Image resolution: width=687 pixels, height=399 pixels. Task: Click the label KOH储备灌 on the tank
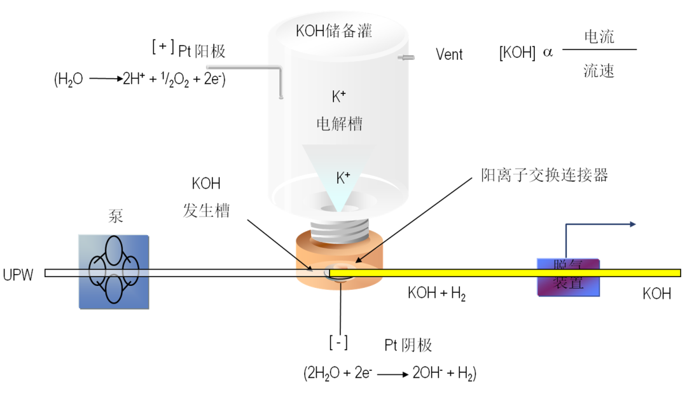[x=333, y=30]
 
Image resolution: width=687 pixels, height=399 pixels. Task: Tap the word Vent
[x=449, y=55]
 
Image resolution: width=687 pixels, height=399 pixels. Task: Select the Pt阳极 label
[x=202, y=51]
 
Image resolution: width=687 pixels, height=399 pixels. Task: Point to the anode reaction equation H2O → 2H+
[x=141, y=80]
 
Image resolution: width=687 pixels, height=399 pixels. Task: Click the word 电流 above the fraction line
[x=599, y=36]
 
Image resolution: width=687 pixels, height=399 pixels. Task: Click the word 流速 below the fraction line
[x=599, y=71]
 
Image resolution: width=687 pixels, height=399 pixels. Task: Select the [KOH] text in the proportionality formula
[x=517, y=53]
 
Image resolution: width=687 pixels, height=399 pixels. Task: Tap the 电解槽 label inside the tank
[x=339, y=124]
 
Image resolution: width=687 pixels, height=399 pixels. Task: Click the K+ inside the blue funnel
[x=343, y=178]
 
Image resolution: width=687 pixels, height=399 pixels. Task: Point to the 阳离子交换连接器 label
[x=545, y=175]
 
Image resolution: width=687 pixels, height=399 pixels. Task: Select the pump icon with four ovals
[x=114, y=272]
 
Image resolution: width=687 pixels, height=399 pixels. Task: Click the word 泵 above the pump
[x=115, y=217]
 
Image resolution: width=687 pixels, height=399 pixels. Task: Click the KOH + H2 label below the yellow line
[x=436, y=294]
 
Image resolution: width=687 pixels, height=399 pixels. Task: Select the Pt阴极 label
[x=408, y=345]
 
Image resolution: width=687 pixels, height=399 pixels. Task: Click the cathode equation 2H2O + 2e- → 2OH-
[x=390, y=373]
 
